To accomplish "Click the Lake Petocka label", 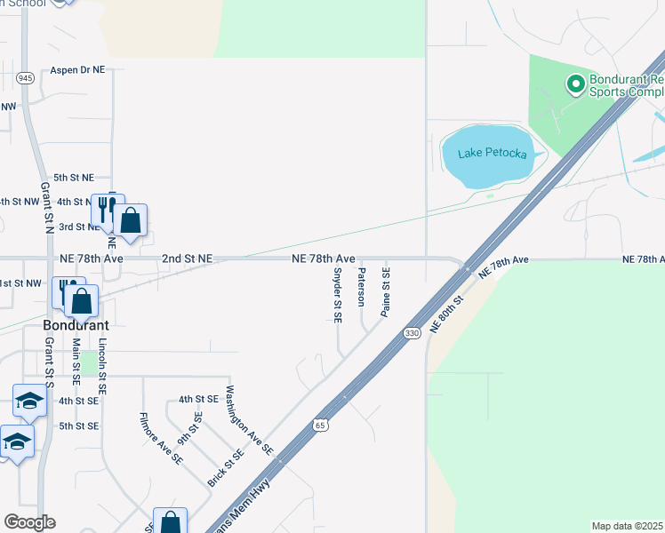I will click(492, 154).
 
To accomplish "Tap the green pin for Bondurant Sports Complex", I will click(575, 84).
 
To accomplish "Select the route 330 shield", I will click(412, 332).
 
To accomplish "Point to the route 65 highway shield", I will click(321, 426).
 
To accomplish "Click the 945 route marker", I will click(25, 77).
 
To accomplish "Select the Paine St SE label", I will click(386, 291).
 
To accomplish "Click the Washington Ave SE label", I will click(249, 421).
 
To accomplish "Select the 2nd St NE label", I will click(187, 259).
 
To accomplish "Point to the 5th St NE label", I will click(74, 178).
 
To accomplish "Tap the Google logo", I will click(29, 522).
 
